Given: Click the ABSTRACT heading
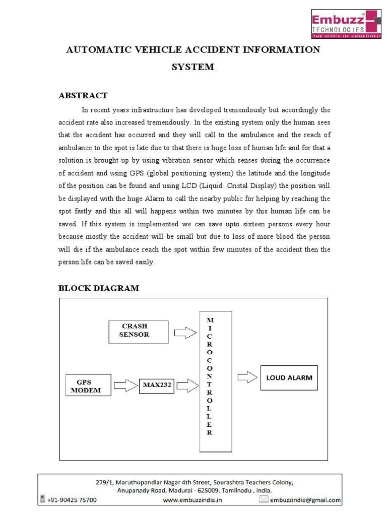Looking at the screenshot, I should [83, 96].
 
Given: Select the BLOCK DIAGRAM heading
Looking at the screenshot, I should [98, 288].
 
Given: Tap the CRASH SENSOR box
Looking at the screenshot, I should [138, 331].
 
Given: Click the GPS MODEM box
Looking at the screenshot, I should [89, 385].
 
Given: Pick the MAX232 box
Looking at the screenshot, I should [157, 386].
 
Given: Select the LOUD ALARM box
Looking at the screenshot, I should [289, 377].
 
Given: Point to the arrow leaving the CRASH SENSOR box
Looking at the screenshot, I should [184, 333].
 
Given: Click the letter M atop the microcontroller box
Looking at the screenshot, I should [210, 320].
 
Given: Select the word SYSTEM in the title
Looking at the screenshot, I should [193, 67].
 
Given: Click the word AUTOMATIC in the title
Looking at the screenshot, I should [94, 49].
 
